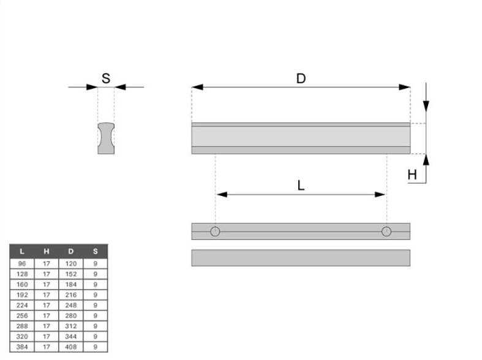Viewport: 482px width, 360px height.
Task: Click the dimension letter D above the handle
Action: [301, 78]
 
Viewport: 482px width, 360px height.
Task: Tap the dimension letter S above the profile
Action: [106, 78]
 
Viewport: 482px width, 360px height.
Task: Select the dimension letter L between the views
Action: [301, 186]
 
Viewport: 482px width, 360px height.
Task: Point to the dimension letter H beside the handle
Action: [412, 174]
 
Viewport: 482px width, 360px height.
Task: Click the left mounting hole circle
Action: [215, 231]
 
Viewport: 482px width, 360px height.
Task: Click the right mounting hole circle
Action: [386, 231]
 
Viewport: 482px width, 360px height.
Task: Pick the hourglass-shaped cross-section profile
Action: [106, 138]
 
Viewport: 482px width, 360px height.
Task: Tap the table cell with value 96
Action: [22, 263]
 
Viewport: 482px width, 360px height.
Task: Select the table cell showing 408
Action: [70, 347]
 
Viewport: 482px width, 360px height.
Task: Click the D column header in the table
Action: [70, 251]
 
